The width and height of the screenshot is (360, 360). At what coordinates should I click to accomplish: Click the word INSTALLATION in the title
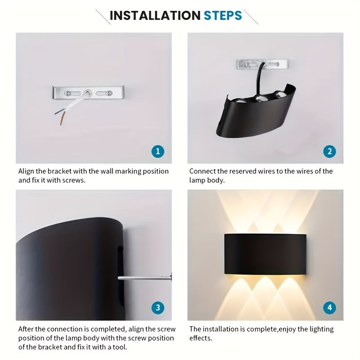pyautogui.click(x=154, y=15)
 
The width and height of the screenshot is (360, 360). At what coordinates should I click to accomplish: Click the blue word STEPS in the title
pyautogui.click(x=222, y=15)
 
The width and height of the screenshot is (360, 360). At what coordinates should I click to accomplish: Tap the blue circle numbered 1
pyautogui.click(x=157, y=151)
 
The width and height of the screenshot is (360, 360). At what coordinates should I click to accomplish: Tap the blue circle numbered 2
pyautogui.click(x=329, y=151)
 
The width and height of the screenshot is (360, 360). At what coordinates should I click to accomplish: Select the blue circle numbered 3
pyautogui.click(x=157, y=308)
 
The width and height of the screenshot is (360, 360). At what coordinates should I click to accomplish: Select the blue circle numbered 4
pyautogui.click(x=329, y=308)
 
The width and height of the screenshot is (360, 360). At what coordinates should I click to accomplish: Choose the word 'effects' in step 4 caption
pyautogui.click(x=200, y=338)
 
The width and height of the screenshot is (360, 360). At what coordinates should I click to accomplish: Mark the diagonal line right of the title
pyautogui.click(x=251, y=17)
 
